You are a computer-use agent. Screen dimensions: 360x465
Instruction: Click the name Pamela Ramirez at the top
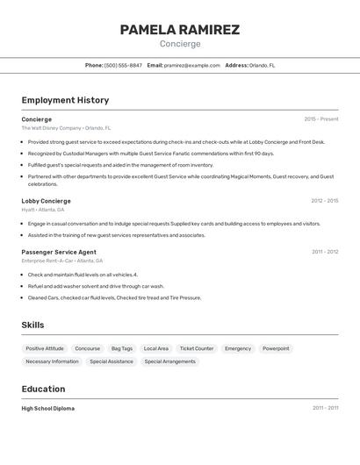179,30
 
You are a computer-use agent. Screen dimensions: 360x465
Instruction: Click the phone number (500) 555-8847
123,65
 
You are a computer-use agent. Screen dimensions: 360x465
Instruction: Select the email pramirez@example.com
192,65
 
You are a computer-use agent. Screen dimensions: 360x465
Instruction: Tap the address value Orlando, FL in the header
262,65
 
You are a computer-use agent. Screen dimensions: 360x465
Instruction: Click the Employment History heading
65,100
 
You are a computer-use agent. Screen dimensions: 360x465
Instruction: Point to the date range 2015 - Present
320,119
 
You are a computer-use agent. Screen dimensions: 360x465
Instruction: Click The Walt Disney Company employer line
66,128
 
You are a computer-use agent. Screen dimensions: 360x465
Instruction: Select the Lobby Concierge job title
46,201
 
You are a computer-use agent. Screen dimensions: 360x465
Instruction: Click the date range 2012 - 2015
324,201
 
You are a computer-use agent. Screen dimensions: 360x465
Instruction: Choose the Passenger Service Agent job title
59,252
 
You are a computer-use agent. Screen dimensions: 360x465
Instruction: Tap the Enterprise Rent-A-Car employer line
61,261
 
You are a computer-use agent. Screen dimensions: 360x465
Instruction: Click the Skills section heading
32,325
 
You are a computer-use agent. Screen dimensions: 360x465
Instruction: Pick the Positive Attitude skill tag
45,348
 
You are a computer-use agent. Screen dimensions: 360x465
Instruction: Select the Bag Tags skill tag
122,348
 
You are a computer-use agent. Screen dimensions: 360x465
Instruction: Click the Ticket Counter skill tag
197,348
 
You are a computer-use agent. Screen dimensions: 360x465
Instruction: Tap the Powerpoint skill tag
276,348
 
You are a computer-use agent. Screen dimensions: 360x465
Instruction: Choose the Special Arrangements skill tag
170,361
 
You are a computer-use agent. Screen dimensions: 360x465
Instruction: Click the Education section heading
43,389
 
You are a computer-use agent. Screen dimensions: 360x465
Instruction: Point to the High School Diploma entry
48,408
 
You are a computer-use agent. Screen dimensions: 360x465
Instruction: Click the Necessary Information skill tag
52,361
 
